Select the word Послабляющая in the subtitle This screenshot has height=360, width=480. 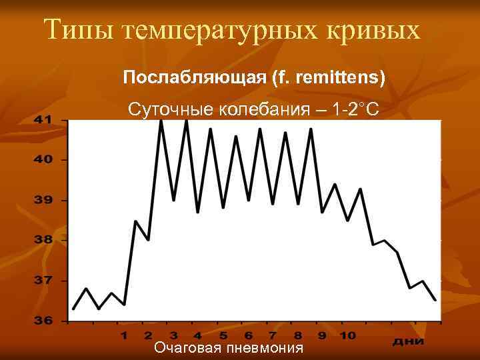194,78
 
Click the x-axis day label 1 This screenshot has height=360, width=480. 124,335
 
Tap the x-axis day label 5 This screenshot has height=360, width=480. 223,335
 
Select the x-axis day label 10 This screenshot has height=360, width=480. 347,335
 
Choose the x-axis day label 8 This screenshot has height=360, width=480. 297,335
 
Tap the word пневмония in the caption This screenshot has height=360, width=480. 265,349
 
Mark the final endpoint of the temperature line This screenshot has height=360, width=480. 435,300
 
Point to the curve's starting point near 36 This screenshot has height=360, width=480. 73,309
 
